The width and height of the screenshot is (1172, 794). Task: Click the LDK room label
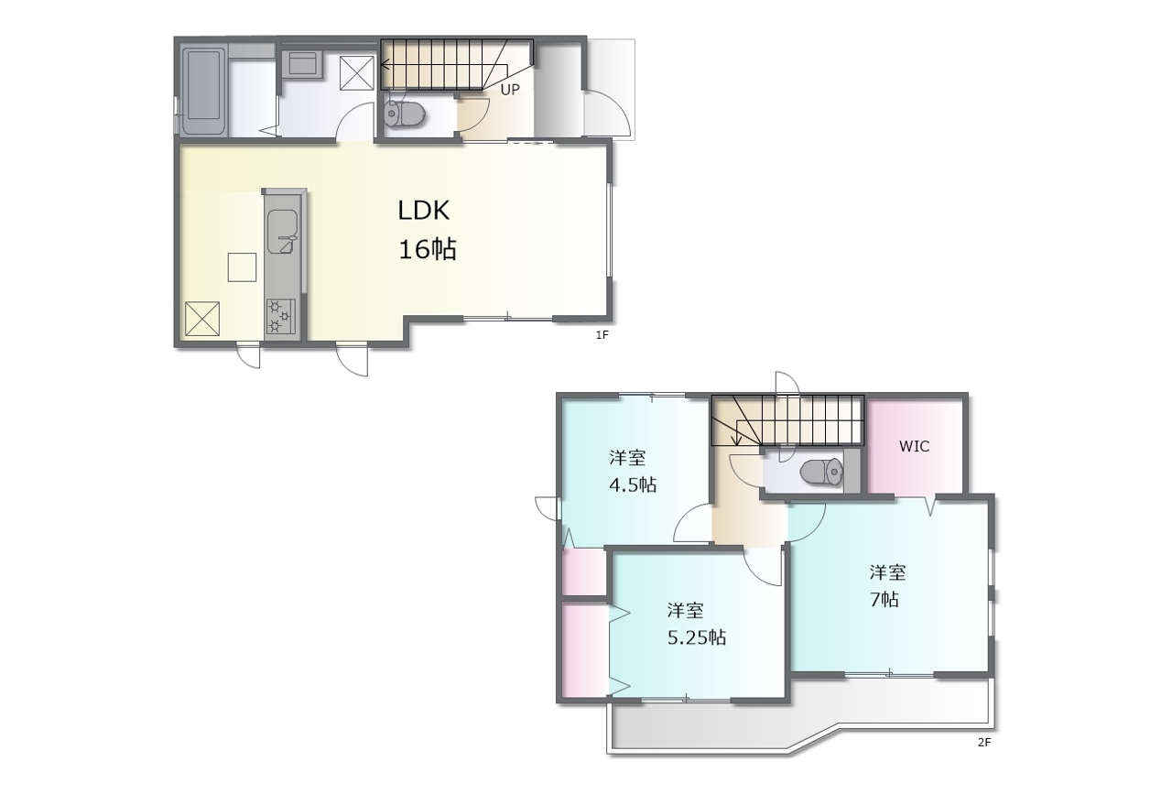pyautogui.click(x=423, y=211)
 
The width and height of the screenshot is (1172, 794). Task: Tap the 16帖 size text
pyautogui.click(x=427, y=249)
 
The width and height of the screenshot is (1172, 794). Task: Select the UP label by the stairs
pyautogui.click(x=510, y=90)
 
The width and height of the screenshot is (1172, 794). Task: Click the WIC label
pyautogui.click(x=914, y=446)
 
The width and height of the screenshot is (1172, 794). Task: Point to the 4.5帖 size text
pyautogui.click(x=633, y=484)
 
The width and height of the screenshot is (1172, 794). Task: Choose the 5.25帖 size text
pyautogui.click(x=697, y=637)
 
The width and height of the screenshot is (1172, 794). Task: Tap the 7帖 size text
pyautogui.click(x=884, y=599)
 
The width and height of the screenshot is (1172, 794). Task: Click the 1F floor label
pyautogui.click(x=602, y=335)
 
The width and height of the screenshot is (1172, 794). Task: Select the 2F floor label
pyautogui.click(x=984, y=742)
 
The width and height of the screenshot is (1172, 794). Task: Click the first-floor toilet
pyautogui.click(x=404, y=114)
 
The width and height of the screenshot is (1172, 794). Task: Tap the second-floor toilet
pyautogui.click(x=821, y=472)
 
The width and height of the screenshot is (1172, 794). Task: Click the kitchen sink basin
pyautogui.click(x=283, y=232)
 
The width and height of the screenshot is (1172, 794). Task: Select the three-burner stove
pyautogui.click(x=281, y=316)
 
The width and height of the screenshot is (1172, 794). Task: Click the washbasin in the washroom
pyautogui.click(x=302, y=64)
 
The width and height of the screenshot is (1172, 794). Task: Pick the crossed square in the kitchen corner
pyautogui.click(x=202, y=318)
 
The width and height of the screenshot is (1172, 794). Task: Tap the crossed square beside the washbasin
pyautogui.click(x=357, y=72)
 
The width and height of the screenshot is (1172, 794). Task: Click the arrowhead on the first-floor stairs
pyautogui.click(x=385, y=65)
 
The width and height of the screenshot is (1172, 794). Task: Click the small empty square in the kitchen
pyautogui.click(x=242, y=266)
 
